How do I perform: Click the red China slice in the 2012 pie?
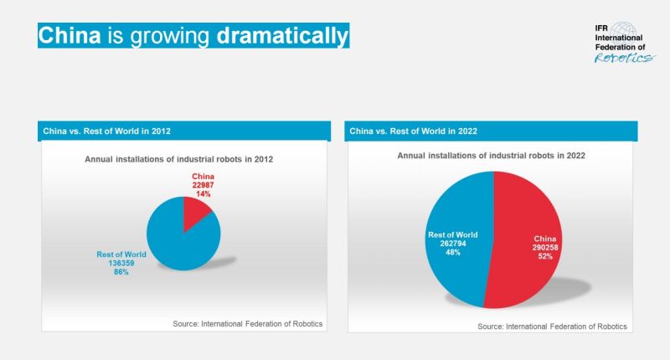(197, 213)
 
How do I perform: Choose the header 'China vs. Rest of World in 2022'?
(414, 131)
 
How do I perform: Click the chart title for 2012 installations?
(179, 158)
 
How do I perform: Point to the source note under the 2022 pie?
(552, 326)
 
